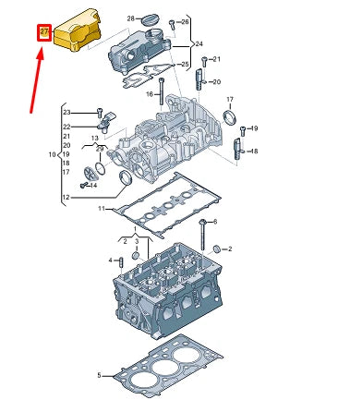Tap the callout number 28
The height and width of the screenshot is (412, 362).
point(130,18)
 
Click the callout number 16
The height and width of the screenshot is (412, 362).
point(150,92)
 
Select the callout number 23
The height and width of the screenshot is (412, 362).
point(66,113)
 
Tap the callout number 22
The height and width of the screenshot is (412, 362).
point(66,127)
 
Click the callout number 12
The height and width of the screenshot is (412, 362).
point(66,198)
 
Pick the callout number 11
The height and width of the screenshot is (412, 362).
point(103,211)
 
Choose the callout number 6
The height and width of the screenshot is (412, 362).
point(228,223)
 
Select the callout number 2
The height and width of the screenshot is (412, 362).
point(229,248)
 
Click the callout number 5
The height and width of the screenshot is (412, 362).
point(99,376)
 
